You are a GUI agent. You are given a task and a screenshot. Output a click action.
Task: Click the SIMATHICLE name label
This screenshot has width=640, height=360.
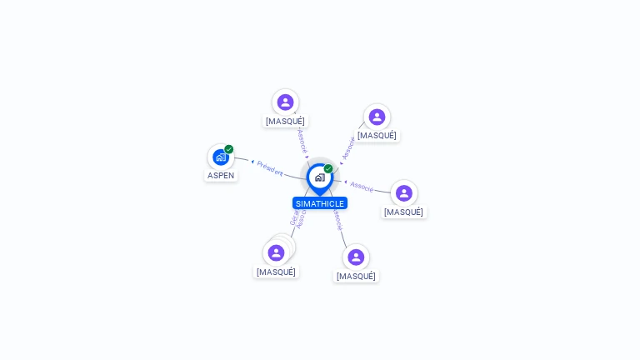click(x=320, y=203)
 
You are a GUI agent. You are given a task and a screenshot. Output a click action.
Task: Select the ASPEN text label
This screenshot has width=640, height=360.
click(x=221, y=175)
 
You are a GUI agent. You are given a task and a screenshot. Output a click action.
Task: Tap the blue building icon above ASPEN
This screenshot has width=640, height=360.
click(x=220, y=157)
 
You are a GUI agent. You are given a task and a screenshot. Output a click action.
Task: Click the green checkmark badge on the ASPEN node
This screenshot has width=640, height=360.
click(x=229, y=149)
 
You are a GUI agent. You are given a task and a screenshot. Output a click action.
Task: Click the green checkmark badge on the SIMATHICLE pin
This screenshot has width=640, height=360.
click(x=328, y=168)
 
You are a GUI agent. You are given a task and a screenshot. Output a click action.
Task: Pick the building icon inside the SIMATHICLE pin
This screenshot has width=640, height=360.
click(x=319, y=177)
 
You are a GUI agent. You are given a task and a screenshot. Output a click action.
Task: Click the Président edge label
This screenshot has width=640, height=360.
click(x=270, y=167)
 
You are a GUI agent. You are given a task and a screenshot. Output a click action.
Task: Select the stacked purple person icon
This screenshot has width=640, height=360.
click(x=277, y=252)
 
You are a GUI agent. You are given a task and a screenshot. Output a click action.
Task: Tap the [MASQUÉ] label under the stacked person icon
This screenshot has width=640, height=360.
click(x=276, y=272)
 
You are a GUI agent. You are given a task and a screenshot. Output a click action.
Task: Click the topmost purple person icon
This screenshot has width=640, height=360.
click(x=285, y=102)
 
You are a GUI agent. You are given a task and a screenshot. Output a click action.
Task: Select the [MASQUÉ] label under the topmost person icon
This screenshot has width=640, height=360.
click(x=285, y=121)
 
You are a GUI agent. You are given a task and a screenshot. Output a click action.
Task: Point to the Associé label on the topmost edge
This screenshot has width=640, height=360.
click(x=302, y=139)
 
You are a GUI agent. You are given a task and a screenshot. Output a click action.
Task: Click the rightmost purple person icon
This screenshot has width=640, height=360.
click(x=404, y=192)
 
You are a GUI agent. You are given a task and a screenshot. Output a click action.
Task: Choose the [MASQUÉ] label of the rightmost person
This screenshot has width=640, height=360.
click(x=404, y=212)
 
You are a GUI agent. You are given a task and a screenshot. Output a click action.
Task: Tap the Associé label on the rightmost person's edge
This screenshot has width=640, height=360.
click(x=362, y=186)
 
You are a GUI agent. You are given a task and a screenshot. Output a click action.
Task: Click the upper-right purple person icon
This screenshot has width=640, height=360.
click(x=377, y=117)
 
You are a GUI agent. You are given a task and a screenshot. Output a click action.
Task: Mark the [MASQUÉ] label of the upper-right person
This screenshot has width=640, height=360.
click(x=377, y=135)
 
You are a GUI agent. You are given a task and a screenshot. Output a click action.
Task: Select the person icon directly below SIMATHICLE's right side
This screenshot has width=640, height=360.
click(x=356, y=257)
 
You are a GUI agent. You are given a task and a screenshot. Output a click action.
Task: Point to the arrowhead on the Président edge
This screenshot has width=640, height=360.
click(x=252, y=162)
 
